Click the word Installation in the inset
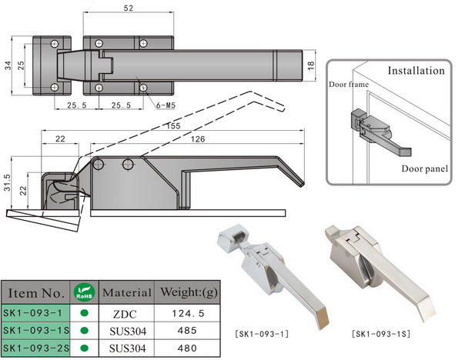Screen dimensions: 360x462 416,70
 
